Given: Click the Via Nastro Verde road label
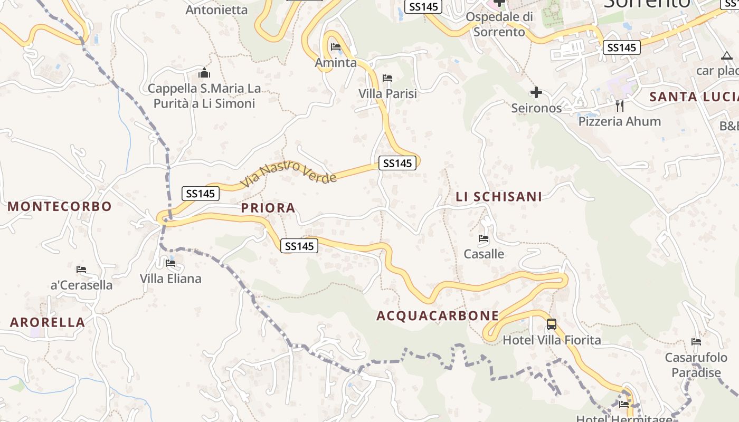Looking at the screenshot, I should click(x=289, y=174).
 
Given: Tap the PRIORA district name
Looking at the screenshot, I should click(x=268, y=208).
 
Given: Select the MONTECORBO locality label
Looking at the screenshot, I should click(x=60, y=206).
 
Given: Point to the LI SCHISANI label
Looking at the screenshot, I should click(x=499, y=197).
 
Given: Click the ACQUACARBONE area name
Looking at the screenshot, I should click(x=438, y=315).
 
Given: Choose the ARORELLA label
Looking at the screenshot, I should click(x=48, y=322).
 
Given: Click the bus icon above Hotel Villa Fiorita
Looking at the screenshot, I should click(x=552, y=324).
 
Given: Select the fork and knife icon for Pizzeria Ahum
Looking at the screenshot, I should click(x=620, y=106).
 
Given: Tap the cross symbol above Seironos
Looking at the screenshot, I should click(x=536, y=93).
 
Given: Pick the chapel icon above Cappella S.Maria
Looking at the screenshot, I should click(x=204, y=73).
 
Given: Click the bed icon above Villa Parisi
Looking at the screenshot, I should click(x=387, y=78).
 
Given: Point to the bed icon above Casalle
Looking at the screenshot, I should click(x=484, y=238).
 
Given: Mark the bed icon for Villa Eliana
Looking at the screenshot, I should click(x=170, y=263).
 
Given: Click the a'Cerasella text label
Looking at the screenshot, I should click(x=81, y=285).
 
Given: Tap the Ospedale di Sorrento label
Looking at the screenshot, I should click(x=499, y=24).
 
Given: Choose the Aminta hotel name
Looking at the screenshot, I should click(x=336, y=63).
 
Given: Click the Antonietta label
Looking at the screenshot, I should click(x=216, y=9).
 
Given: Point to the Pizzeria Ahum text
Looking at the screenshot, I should click(x=620, y=121).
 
